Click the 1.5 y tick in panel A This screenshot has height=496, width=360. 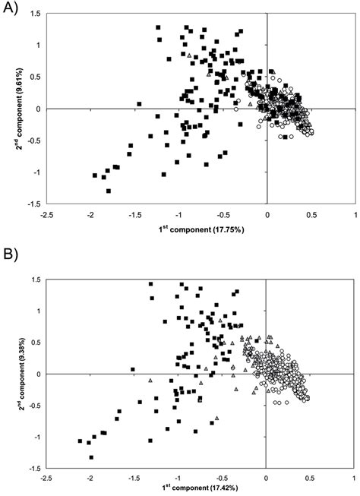(33, 14)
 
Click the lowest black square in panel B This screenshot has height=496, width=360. (91, 457)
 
